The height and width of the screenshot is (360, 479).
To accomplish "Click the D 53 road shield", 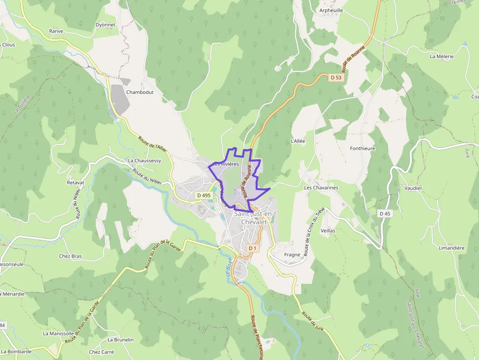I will pos(335,77).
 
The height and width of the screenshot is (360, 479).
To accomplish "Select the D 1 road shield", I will pos(252,248).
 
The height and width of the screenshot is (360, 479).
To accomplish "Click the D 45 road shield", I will pos(385,213).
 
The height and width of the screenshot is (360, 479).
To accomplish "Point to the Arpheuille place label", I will pos(331,10).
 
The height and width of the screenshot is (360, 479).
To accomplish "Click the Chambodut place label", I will pos(140,92).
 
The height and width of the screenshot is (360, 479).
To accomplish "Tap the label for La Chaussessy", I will pos(144,160).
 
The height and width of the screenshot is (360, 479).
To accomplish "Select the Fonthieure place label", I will pos(363,148).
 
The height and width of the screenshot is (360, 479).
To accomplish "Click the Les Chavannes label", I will pos(321,188).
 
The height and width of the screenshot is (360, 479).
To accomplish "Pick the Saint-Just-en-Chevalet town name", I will pos(254,218).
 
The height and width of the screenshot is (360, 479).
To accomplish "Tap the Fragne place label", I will pos(292,254).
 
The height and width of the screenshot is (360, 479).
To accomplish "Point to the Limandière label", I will pos(452,248).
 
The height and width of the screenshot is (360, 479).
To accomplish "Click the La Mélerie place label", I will pos(442,56).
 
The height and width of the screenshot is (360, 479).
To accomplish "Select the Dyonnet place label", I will pos(106,24).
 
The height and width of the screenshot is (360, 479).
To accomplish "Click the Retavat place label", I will pos(75,182).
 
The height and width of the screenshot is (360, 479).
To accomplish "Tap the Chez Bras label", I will pos(70,256).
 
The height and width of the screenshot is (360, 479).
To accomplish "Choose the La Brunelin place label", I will pos(121,339).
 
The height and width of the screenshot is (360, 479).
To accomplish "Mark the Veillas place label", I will pos(328,230).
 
